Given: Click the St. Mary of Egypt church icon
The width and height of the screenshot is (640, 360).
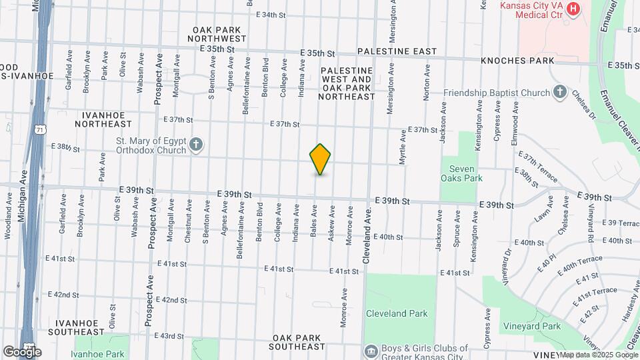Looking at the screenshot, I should [x=196, y=145].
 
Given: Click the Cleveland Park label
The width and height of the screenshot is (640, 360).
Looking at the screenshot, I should [x=396, y=313].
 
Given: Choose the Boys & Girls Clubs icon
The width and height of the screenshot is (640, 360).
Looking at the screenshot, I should [x=369, y=350].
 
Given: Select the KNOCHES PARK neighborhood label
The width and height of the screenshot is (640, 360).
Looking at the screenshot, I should [x=517, y=61].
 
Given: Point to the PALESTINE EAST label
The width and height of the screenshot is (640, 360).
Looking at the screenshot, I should [x=397, y=51].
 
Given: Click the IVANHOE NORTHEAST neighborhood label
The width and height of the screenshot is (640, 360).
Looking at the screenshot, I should [x=103, y=119].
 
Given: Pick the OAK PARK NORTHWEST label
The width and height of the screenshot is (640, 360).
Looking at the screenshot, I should [x=220, y=34].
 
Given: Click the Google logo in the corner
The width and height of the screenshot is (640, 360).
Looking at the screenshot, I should [x=22, y=351].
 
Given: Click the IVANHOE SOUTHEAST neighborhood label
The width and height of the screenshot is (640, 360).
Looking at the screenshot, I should [x=81, y=327].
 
